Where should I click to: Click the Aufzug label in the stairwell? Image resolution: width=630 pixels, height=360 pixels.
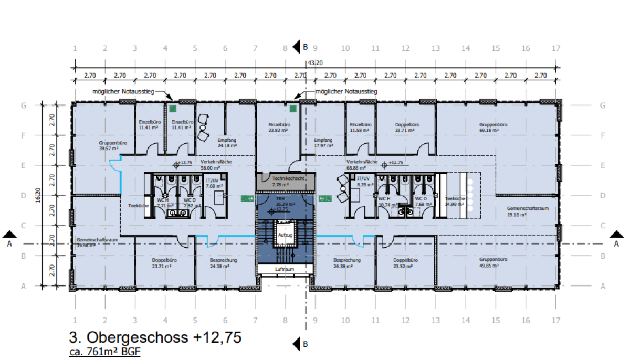pyautogui.click(x=285, y=235)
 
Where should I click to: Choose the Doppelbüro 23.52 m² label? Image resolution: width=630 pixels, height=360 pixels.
pyautogui.click(x=405, y=263)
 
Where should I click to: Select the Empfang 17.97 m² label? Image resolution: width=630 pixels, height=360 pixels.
pyautogui.click(x=323, y=143)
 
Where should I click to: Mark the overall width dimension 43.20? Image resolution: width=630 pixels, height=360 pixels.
pyautogui.click(x=315, y=63)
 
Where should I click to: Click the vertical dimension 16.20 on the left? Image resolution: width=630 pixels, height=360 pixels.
pyautogui.click(x=38, y=195)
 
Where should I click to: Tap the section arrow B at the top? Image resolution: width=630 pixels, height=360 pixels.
pyautogui.click(x=298, y=47)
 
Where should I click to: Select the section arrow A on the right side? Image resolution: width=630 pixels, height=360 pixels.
pyautogui.click(x=616, y=235)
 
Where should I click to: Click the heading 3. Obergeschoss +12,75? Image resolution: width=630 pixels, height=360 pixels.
pyautogui.click(x=155, y=337)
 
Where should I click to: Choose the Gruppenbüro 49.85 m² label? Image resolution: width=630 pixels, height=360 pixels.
pyautogui.click(x=493, y=263)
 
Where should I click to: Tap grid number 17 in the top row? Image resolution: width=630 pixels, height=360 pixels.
pyautogui.click(x=556, y=48)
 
